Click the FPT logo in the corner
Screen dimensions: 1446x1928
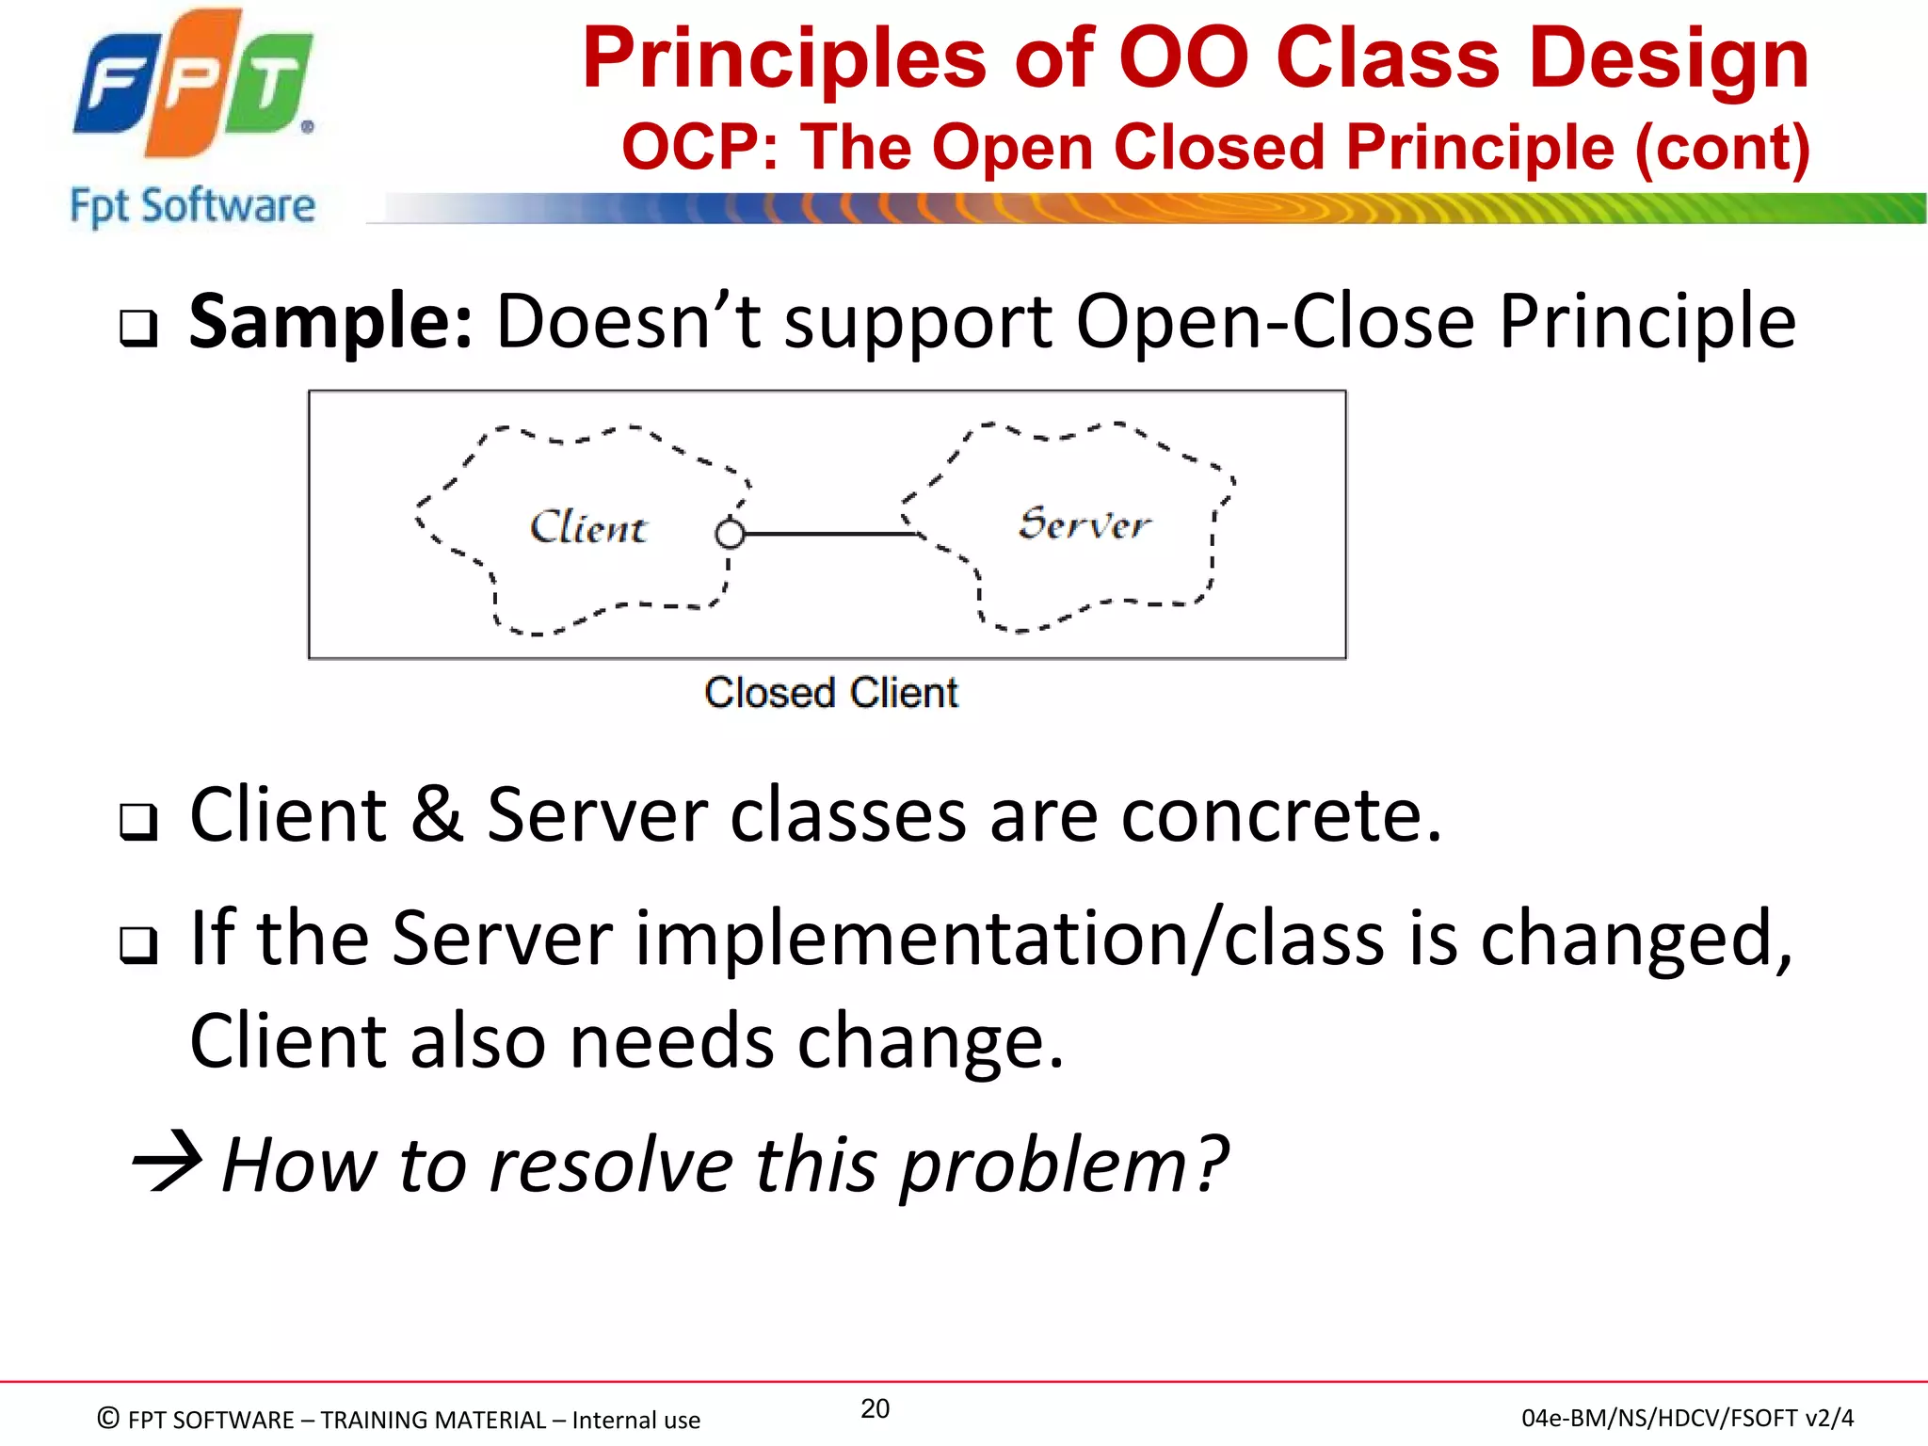193,85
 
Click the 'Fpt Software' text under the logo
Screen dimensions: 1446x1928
192,206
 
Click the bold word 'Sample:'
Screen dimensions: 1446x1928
329,322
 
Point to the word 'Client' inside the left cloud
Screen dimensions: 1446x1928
587,527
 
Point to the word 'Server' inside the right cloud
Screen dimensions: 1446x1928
1084,523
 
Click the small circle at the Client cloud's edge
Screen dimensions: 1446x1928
730,535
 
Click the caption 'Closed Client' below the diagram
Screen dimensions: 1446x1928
830,693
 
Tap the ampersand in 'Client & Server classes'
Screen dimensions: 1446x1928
437,814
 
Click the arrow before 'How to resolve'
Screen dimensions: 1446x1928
168,1162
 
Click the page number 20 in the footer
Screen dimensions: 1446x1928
875,1408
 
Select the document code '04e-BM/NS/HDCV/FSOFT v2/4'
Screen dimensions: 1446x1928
1687,1418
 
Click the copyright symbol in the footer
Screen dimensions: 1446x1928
108,1418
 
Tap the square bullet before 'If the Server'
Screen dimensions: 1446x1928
138,944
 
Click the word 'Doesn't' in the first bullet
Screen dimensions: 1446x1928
628,322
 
